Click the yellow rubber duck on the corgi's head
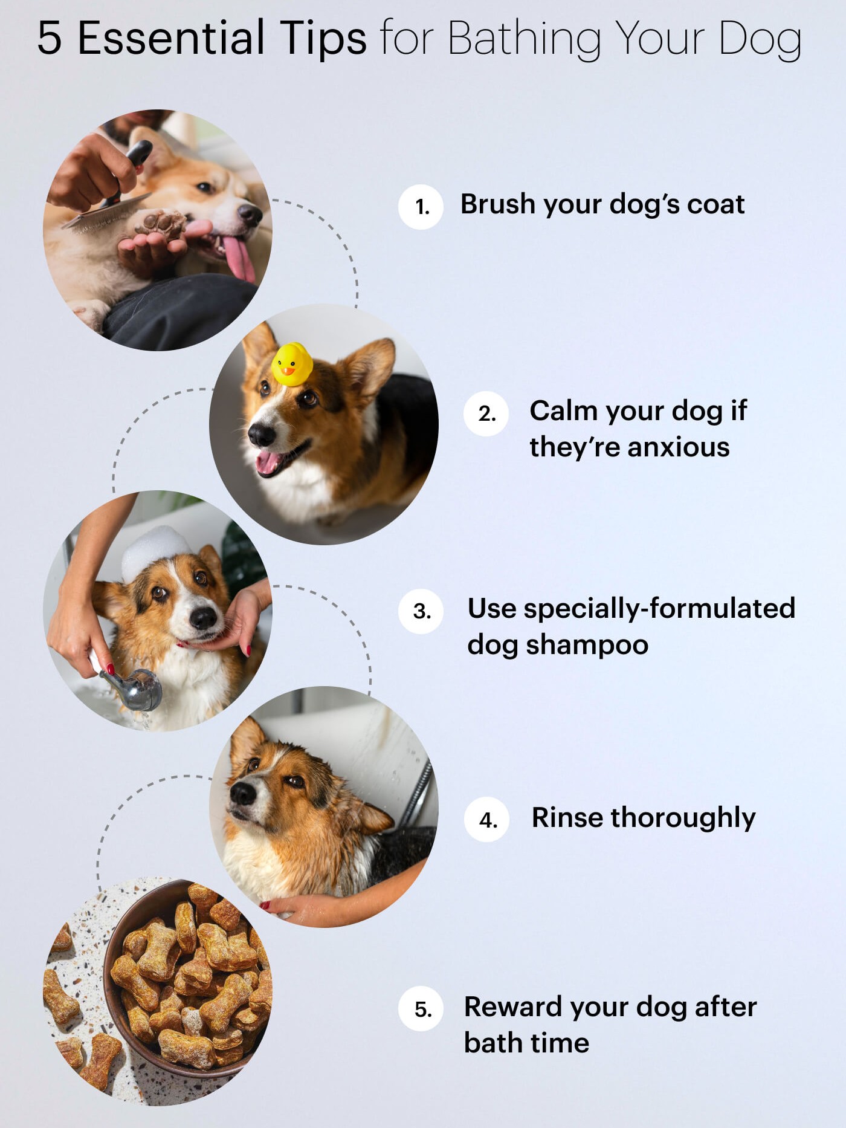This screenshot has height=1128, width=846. click(x=292, y=364)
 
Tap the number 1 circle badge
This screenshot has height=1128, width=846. click(x=421, y=207)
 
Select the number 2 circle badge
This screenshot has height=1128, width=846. click(x=486, y=413)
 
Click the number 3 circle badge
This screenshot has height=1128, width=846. click(x=421, y=611)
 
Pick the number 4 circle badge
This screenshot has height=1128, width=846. click(x=487, y=820)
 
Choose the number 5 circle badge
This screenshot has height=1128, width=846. click(x=421, y=1009)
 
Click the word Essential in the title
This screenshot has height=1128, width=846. click(x=171, y=37)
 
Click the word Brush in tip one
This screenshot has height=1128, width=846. click(x=498, y=204)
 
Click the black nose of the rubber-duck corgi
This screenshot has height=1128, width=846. click(x=262, y=433)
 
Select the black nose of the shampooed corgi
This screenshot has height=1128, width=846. click(x=202, y=617)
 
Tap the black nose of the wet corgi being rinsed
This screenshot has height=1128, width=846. click(x=243, y=793)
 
